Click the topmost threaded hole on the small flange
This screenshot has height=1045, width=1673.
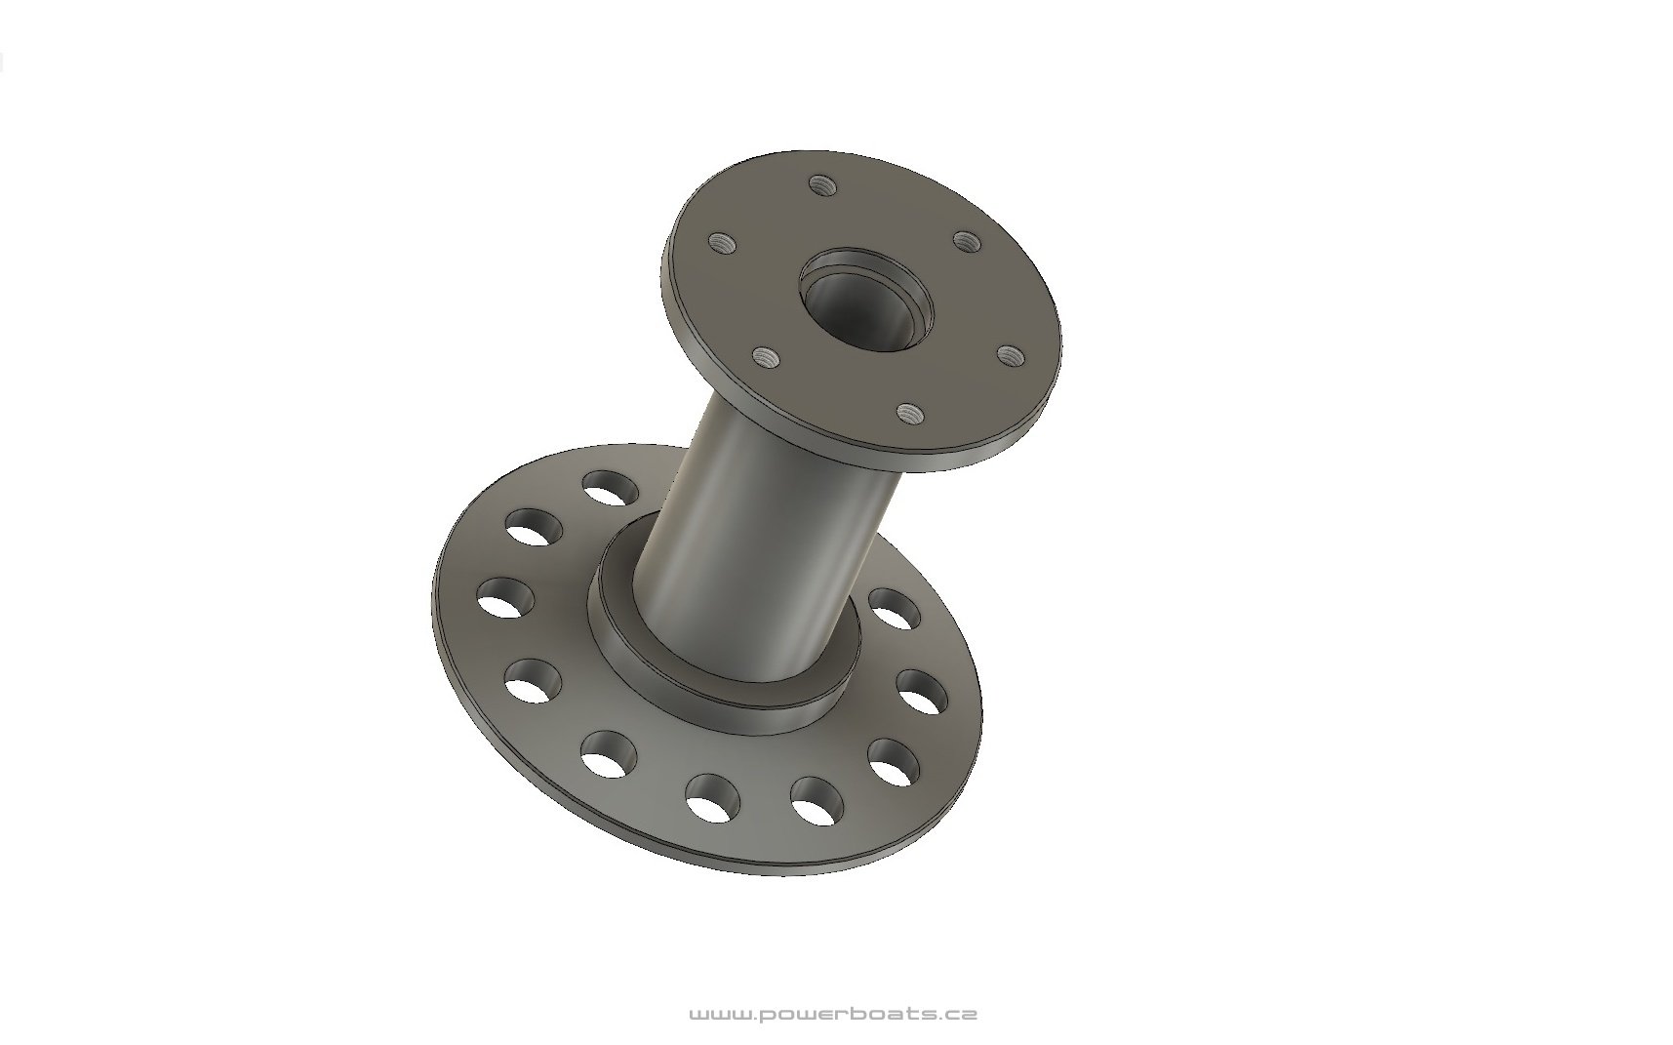point(822,183)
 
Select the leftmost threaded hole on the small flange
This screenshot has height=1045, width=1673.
point(723,242)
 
